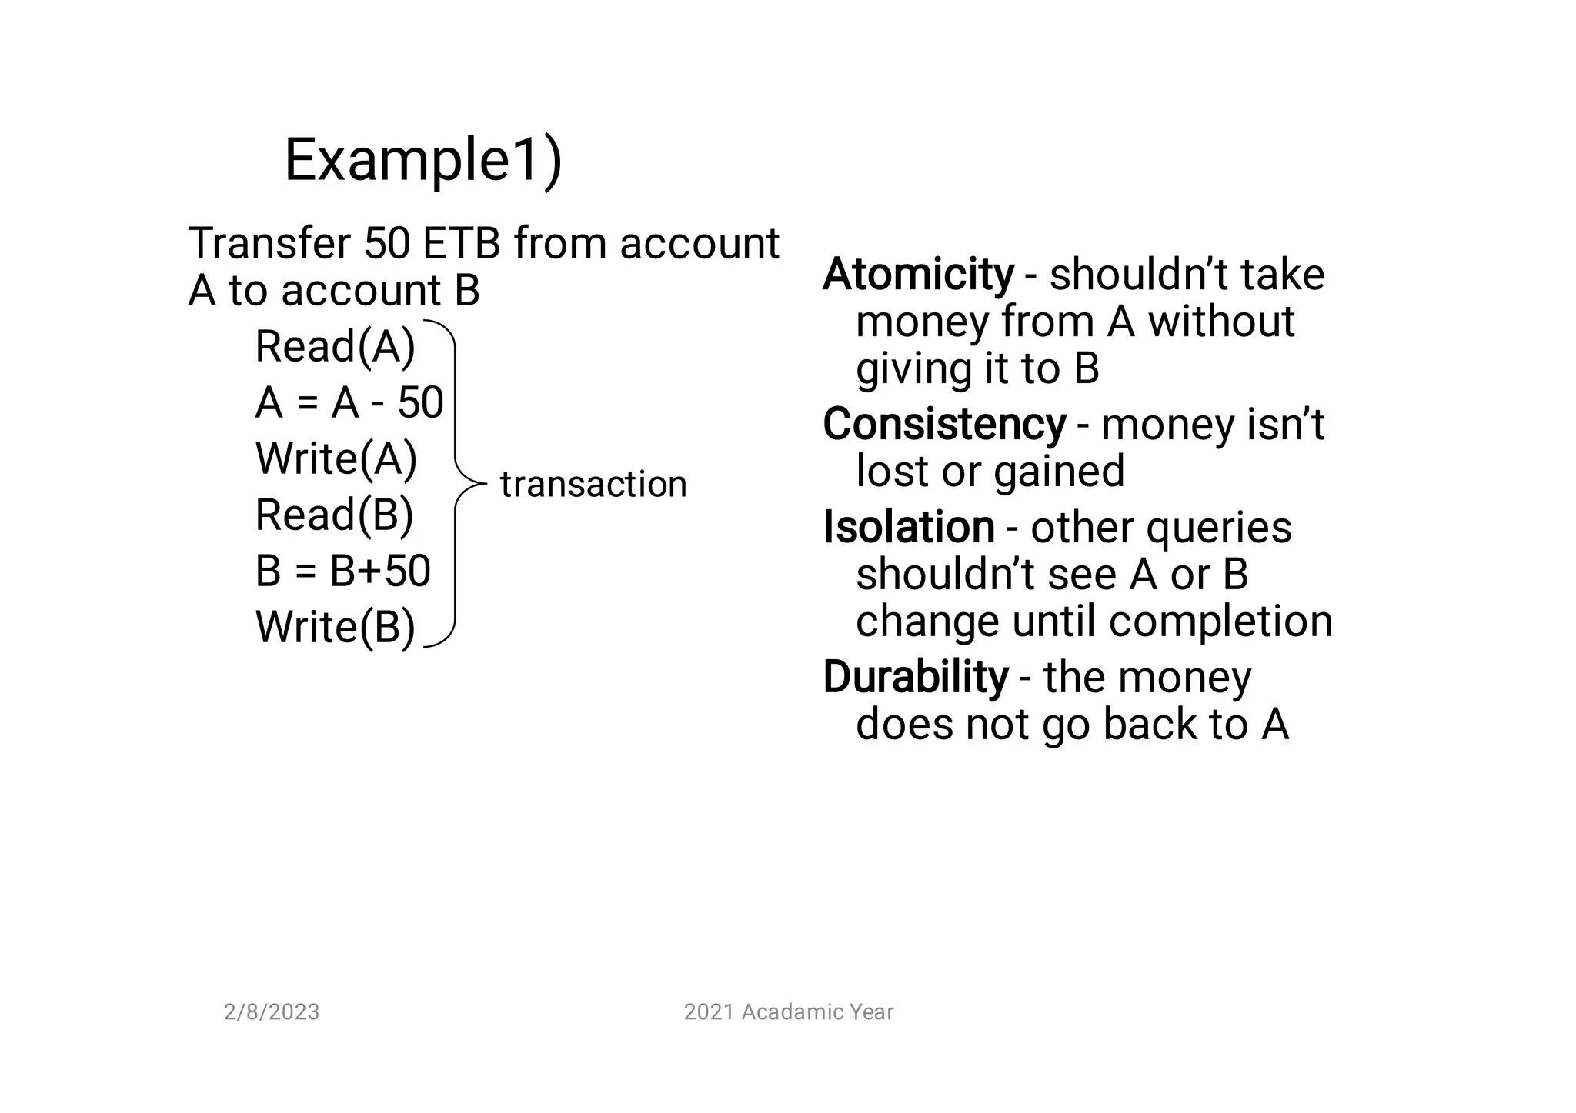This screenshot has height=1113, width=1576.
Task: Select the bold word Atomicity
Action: point(918,275)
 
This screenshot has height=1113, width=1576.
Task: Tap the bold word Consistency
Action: point(944,424)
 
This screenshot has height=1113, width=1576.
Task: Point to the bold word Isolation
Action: point(909,528)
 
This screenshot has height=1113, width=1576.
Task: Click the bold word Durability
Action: point(915,677)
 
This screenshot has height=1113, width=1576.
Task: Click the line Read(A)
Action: point(336,346)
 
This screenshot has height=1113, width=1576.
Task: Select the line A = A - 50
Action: point(349,402)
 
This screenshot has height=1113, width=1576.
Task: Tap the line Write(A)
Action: point(336,458)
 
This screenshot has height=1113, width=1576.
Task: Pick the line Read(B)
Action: point(335,515)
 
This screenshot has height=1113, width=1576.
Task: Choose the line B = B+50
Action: point(342,571)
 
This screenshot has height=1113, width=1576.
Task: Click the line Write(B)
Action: point(336,627)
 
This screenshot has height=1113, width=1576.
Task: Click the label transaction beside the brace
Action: point(593,485)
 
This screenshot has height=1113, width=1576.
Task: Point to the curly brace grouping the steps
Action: point(456,484)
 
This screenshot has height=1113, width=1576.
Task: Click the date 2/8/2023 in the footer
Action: point(272,1012)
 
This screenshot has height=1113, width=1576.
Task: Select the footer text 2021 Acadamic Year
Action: point(789,1012)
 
